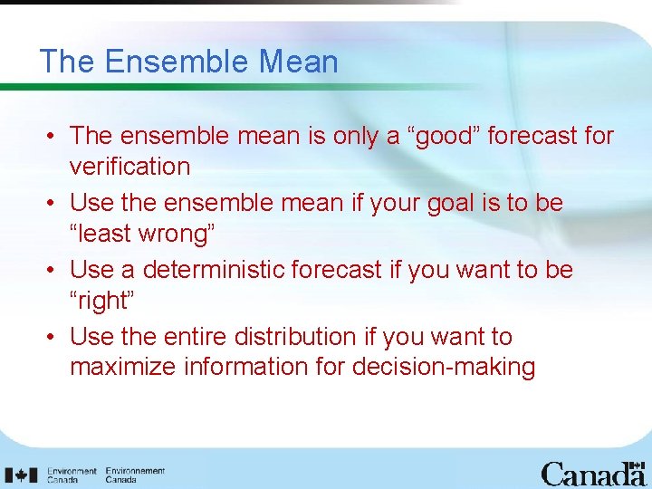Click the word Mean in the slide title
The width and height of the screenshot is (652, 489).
298,62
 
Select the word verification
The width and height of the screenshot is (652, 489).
129,167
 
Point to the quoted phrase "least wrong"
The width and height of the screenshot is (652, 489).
142,234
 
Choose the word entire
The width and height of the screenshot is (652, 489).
196,337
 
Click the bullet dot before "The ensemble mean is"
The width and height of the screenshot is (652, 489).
53,137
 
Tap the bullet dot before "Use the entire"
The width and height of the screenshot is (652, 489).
53,338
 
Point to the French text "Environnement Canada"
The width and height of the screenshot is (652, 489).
135,475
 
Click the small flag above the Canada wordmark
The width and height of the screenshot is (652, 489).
637,464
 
